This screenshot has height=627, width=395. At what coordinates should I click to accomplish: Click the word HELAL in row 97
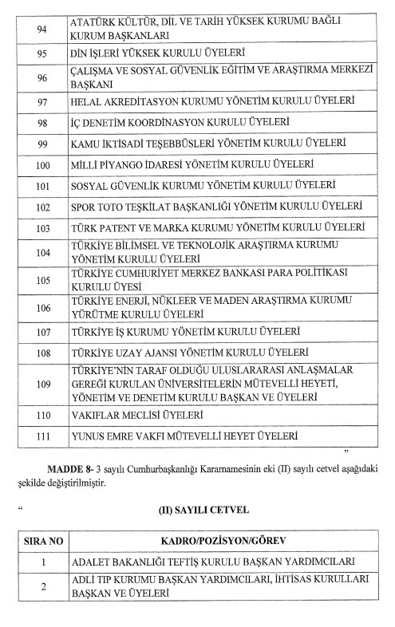pyautogui.click(x=88, y=103)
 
